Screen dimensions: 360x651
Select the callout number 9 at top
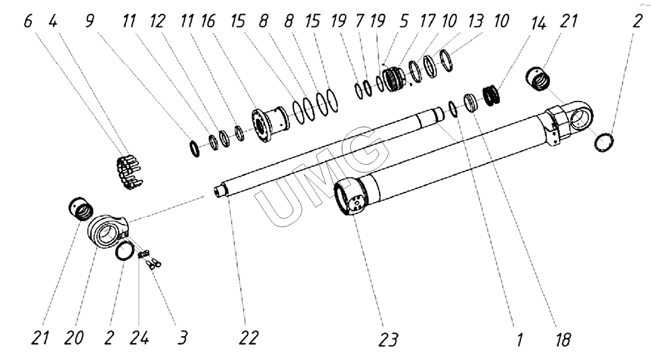tap(90, 22)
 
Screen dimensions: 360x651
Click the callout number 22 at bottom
tap(248, 338)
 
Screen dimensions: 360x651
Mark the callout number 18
tap(562, 339)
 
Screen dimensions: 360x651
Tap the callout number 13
tap(475, 22)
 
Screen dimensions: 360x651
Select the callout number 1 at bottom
tap(520, 339)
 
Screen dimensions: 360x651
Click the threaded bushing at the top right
tap(538, 78)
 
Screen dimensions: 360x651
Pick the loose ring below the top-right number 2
tap(604, 141)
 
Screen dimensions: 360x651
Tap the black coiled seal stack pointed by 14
tap(493, 94)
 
